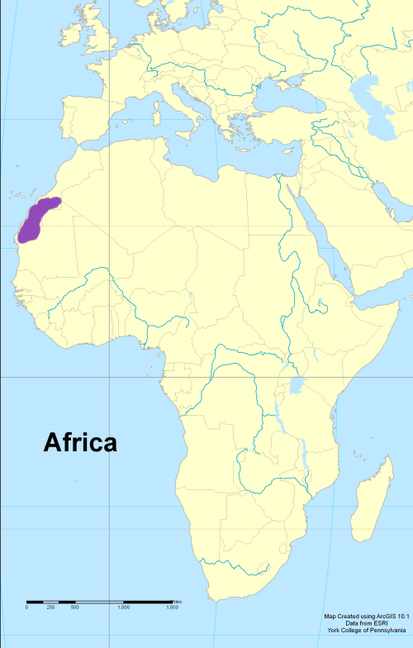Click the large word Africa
tap(80, 442)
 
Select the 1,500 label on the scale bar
tap(172, 607)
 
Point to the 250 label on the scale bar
tap(50, 607)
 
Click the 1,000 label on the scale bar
tap(124, 607)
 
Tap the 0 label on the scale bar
tap(26, 607)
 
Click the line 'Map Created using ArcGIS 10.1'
tap(367, 616)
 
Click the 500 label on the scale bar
tap(74, 607)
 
